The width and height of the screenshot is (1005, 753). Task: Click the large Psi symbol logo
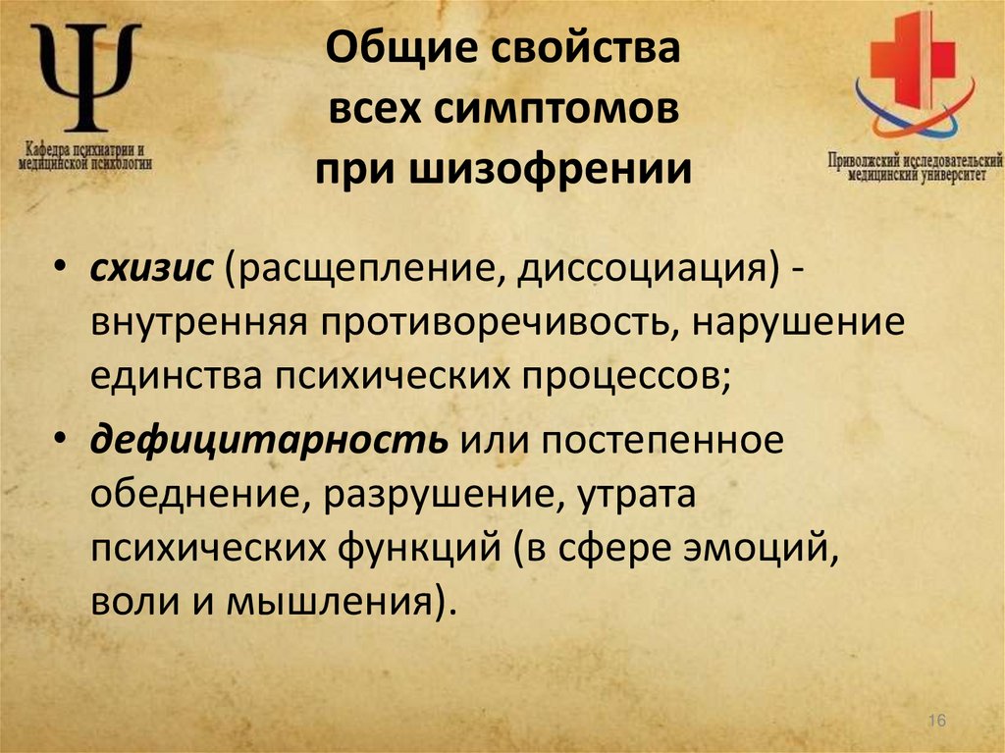[x=85, y=78]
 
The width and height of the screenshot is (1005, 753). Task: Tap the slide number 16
[x=935, y=722]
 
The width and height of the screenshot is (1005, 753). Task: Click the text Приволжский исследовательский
[x=914, y=159]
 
